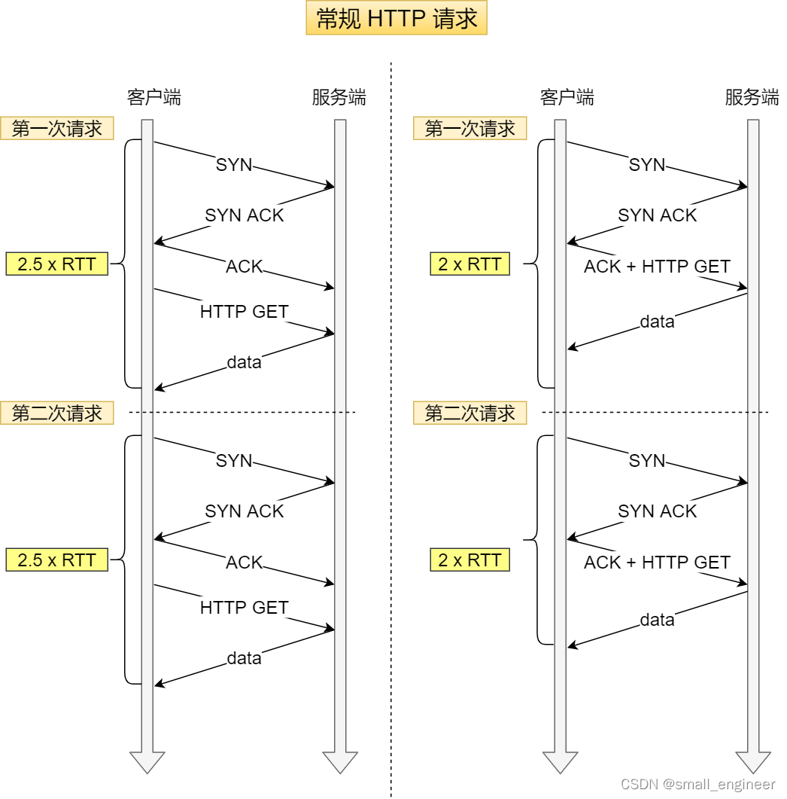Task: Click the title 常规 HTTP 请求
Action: (x=397, y=19)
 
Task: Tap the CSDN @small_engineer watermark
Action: (x=697, y=784)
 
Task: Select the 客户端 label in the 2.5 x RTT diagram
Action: (x=153, y=97)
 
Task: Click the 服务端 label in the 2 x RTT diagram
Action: (x=752, y=97)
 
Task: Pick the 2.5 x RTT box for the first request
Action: (x=57, y=264)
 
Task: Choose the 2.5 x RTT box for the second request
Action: (x=57, y=560)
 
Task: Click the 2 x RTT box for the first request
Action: (x=469, y=264)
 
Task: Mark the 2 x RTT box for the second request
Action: (x=469, y=560)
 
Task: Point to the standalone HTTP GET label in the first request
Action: (x=244, y=311)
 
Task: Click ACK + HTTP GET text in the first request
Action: (x=657, y=267)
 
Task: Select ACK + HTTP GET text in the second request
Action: (x=657, y=563)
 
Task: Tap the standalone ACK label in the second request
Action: (x=244, y=563)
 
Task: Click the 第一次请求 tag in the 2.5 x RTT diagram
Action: (x=57, y=129)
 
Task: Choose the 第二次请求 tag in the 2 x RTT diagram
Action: (x=469, y=413)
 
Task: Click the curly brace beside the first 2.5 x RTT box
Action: (x=124, y=264)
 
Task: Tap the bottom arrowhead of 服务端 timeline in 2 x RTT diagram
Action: (x=752, y=762)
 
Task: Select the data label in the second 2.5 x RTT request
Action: (x=244, y=658)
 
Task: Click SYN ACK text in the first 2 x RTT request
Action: (x=657, y=215)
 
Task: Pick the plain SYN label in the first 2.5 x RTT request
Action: (x=234, y=165)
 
